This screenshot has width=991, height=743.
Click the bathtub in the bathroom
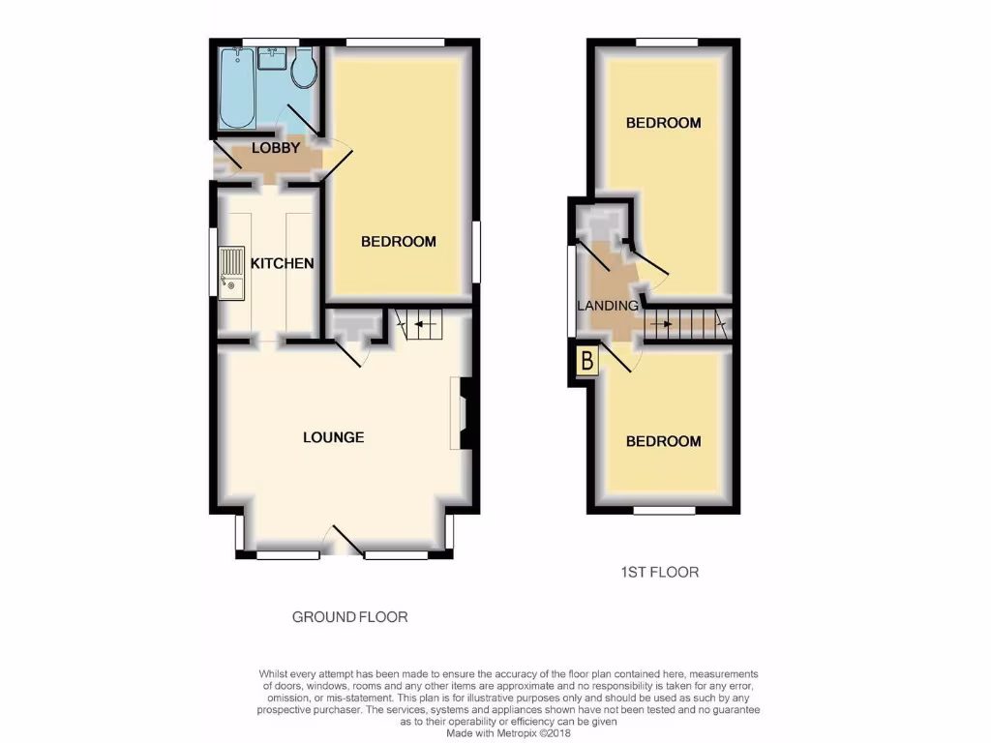click(238, 88)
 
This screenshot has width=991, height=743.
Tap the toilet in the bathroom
click(303, 66)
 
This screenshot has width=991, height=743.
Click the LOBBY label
click(276, 148)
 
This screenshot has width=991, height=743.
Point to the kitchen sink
click(232, 274)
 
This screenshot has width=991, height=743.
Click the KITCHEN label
click(283, 263)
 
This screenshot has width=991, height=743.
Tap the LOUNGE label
click(334, 437)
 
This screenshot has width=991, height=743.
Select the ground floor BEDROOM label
click(399, 242)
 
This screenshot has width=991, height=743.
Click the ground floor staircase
click(422, 323)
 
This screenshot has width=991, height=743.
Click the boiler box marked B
click(585, 364)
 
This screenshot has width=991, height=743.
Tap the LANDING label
click(608, 306)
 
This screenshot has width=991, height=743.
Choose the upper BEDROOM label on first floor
click(663, 123)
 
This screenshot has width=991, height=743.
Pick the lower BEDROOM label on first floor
click(663, 441)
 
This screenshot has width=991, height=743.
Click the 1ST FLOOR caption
click(659, 572)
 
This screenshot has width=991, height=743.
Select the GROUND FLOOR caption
click(349, 616)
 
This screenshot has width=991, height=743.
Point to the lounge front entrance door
click(343, 542)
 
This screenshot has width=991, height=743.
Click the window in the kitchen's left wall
click(214, 262)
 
